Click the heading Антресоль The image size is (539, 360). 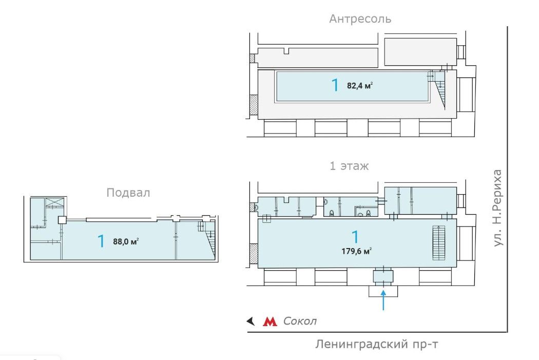[360, 19]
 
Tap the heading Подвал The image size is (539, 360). [128, 193]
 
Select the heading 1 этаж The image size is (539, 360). [349, 166]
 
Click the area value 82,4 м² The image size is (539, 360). [360, 86]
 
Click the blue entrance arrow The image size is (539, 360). [383, 301]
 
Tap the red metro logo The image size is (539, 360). [269, 321]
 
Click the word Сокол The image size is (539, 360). [300, 321]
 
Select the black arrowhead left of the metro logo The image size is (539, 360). [251, 321]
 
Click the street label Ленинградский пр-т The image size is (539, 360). [377, 344]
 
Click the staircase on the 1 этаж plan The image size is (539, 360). [438, 243]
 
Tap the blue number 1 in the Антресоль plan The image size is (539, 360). [335, 85]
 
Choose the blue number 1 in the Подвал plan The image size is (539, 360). [102, 240]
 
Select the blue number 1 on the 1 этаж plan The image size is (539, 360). [354, 237]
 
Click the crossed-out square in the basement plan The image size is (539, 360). [55, 202]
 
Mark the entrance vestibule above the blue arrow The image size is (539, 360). [383, 276]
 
